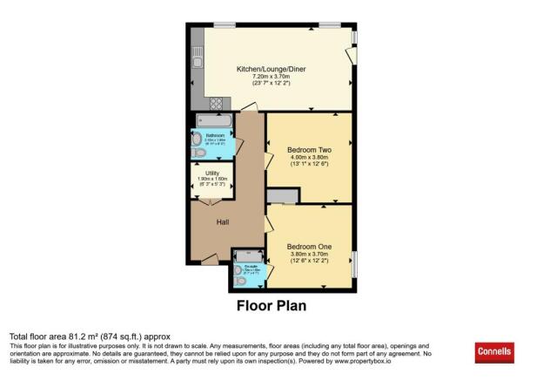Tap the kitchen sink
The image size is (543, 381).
pyautogui.click(x=198, y=58)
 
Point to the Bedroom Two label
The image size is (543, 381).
pyautogui.click(x=310, y=150)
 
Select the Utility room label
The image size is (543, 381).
pyautogui.click(x=211, y=173)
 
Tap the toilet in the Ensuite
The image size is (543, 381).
pyautogui.click(x=240, y=281)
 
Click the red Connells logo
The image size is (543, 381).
pyautogui.click(x=493, y=352)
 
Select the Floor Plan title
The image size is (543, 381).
pyautogui.click(x=271, y=306)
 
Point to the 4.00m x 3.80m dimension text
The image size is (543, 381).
pyautogui.click(x=310, y=159)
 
